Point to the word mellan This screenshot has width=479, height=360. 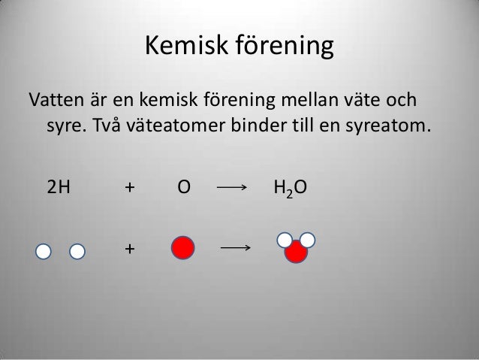point(309,100)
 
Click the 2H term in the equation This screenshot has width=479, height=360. point(57,187)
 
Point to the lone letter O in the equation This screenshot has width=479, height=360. point(182,187)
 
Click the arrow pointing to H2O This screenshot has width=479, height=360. point(230,188)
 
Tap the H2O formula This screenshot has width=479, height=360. point(289,188)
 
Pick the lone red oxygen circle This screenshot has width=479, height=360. point(183,247)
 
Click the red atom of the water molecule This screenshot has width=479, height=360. point(296,253)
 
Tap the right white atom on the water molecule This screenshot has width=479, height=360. point(307,240)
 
